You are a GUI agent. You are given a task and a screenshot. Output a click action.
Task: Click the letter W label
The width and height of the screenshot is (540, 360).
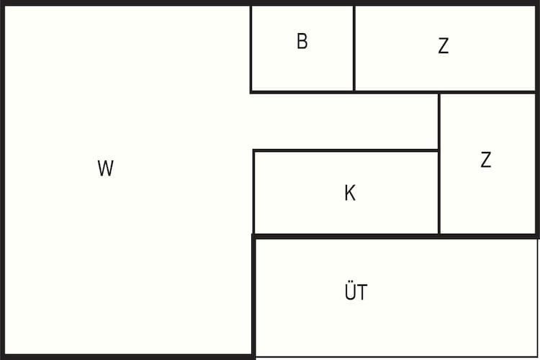point(105,168)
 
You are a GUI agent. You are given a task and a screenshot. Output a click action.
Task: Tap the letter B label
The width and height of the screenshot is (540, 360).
point(302,41)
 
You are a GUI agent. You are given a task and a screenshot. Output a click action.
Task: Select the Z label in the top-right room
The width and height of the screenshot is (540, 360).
point(444,45)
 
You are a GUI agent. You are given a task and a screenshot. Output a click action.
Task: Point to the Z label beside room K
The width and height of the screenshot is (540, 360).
point(486,160)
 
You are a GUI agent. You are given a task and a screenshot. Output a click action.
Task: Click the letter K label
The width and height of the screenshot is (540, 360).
point(350,193)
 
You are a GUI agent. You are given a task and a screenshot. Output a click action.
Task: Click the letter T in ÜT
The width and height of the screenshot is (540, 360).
point(362,292)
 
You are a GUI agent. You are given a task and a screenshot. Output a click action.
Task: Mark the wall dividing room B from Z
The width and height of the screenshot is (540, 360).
point(354,48)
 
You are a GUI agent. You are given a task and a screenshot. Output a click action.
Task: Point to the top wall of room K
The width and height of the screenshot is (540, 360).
point(346,150)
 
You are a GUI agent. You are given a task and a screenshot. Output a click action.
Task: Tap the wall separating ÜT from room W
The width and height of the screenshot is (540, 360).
point(254,297)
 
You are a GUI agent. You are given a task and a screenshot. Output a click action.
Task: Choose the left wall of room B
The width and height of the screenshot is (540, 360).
point(251,48)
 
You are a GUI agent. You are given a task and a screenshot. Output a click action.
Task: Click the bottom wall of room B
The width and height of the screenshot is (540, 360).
point(302,92)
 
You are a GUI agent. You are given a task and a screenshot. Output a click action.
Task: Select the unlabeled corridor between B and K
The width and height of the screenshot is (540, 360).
point(344,121)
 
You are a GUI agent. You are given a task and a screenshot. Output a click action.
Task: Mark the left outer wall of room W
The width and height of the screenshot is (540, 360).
point(2,180)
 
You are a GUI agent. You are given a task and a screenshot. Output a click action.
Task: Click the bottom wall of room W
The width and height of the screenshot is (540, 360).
point(127,357)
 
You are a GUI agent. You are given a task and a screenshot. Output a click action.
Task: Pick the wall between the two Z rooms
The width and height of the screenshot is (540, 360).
point(487,92)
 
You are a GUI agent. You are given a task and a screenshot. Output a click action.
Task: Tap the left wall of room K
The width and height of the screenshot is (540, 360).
point(254,192)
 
